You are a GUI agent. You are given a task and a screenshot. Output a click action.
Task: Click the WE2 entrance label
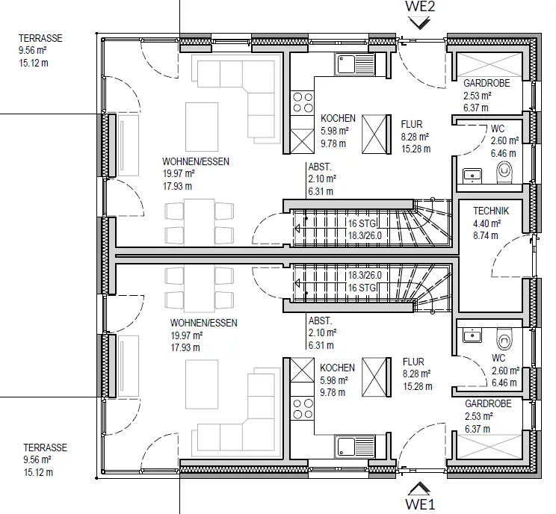coord(420,7)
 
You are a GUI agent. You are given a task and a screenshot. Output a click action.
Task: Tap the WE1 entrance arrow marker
coord(419,489)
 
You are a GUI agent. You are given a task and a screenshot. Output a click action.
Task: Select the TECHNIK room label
coord(491,211)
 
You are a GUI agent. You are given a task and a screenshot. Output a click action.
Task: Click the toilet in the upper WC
coord(504,173)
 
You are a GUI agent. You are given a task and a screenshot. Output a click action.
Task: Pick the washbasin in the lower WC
coord(472,335)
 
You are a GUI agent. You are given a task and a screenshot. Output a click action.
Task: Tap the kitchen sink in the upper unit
coord(354,64)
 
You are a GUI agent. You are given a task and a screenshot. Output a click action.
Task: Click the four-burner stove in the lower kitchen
coord(303,409)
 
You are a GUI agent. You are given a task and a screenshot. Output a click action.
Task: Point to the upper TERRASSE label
coord(40,38)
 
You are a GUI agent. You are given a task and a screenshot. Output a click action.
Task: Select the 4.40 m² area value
coord(486,223)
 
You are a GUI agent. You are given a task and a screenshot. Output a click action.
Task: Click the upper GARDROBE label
coord(486,83)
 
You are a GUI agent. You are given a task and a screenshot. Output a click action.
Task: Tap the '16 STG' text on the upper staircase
coord(362,223)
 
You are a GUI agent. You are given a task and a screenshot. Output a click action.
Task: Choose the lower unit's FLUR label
coord(413,362)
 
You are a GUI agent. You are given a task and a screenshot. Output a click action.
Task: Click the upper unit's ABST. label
coord(320,167)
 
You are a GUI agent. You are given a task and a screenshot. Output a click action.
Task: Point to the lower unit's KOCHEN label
coord(337,368)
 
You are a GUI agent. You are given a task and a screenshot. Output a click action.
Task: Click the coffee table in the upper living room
coord(202,127)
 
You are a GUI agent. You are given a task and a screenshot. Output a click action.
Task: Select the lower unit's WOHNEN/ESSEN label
coord(203,323)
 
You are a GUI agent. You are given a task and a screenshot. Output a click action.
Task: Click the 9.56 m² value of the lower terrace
coord(37,459)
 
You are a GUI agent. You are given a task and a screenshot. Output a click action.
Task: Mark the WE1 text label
coord(420,504)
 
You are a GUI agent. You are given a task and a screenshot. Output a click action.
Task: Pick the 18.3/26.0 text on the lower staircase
coord(365,275)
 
